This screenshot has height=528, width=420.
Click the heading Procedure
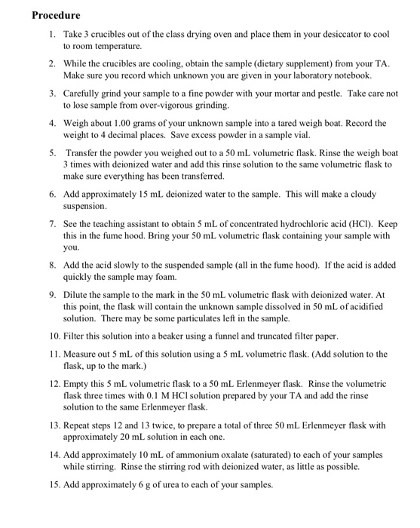[x=56, y=15]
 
